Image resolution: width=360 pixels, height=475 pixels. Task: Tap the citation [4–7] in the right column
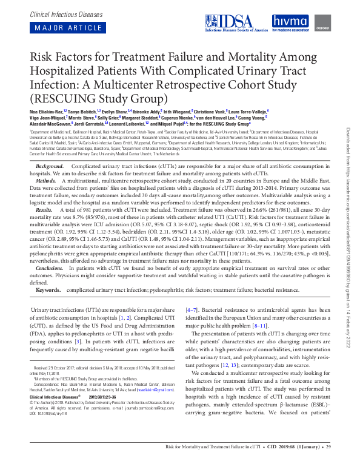click(x=191, y=310)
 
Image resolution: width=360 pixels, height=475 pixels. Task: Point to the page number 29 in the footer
click(x=329, y=465)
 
